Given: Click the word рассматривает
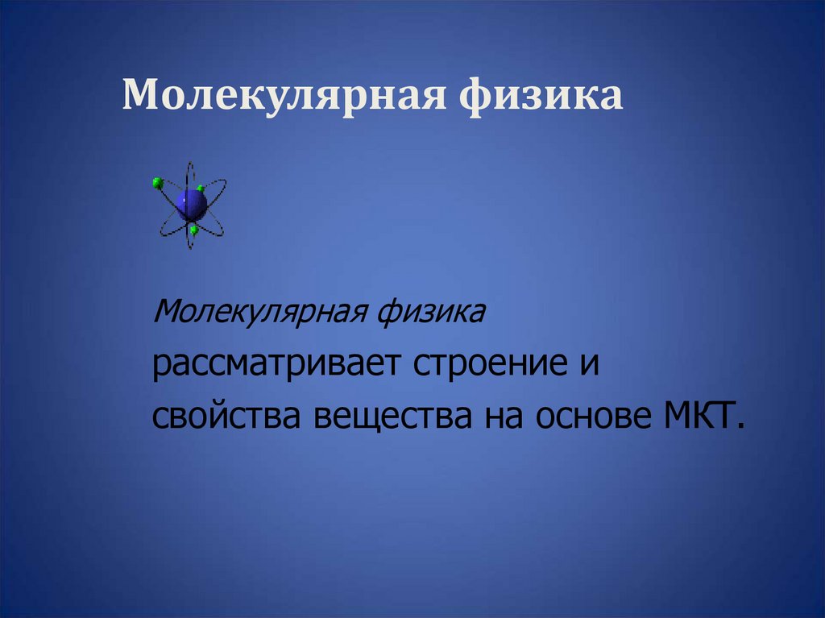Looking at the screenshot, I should coord(278,363).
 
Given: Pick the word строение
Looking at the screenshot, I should coord(488,363).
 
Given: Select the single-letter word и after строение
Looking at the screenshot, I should coord(591,363).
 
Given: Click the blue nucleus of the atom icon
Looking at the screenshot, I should coord(192,204).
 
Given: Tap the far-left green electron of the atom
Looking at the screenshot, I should coord(157,183).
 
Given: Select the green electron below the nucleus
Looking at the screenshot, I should coord(194,230).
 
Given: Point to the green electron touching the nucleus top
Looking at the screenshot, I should coord(200,189).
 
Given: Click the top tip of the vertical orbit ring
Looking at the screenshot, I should coord(190,164).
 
